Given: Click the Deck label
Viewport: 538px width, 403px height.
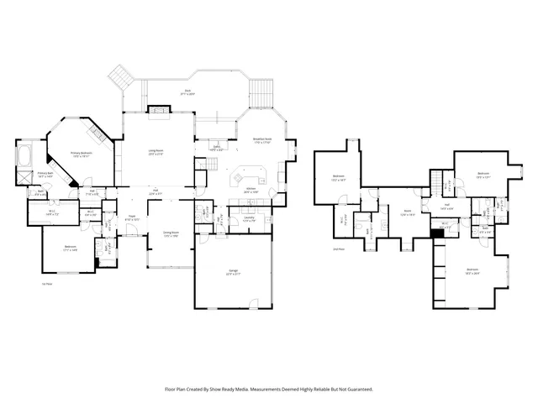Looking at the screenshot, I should [x=188, y=92].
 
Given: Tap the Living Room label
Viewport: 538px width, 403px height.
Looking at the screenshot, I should [x=156, y=153].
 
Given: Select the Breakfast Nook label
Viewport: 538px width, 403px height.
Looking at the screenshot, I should [x=261, y=140].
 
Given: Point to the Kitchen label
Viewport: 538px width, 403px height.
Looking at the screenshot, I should [x=250, y=191].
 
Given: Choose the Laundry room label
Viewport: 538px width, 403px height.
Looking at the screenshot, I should [x=249, y=219].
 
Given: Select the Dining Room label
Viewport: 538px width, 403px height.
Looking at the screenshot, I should [x=171, y=233].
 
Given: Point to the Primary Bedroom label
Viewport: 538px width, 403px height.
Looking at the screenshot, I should [x=82, y=154].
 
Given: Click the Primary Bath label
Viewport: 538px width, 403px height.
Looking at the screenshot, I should [x=45, y=175].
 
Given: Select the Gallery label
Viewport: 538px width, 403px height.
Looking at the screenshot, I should [x=216, y=149].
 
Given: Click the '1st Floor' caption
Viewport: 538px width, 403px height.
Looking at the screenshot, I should [x=48, y=284].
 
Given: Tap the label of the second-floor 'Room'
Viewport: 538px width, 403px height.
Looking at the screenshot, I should [x=406, y=212].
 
